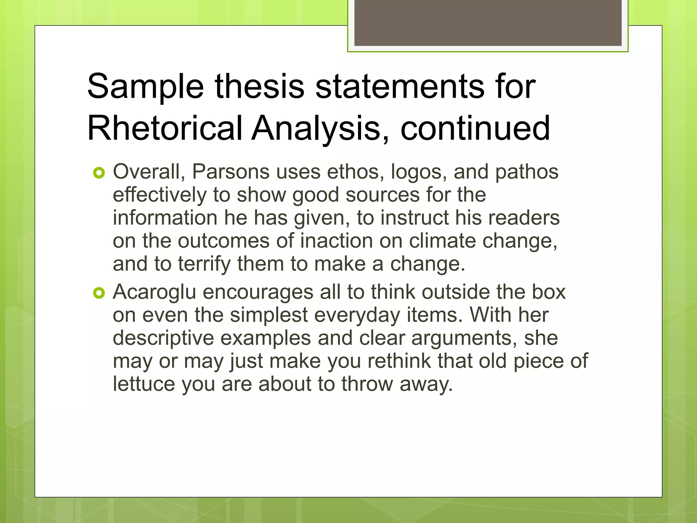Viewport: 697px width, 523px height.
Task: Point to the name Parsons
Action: (x=231, y=172)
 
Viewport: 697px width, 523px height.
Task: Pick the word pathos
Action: (x=526, y=172)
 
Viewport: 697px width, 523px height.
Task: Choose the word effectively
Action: (x=160, y=195)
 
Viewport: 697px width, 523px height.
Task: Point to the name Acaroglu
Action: (x=155, y=292)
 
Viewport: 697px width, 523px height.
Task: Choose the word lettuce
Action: (x=144, y=384)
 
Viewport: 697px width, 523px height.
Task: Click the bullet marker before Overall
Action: (x=99, y=173)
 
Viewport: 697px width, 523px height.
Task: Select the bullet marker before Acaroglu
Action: (x=99, y=293)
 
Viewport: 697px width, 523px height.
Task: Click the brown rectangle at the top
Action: (x=488, y=23)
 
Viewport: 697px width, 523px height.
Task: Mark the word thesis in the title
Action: (x=259, y=87)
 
